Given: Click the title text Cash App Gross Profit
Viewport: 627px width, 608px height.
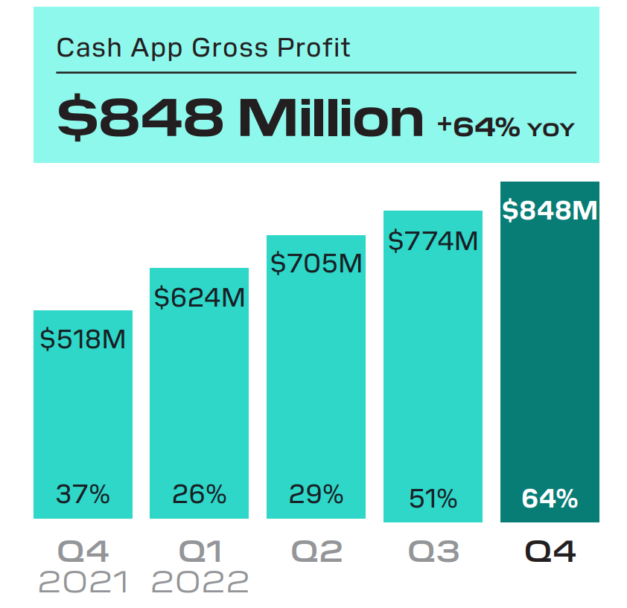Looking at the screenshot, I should coord(203,48).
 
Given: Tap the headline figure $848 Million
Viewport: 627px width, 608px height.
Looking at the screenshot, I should coord(240,118).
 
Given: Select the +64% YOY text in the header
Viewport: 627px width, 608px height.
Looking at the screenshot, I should coord(506,127).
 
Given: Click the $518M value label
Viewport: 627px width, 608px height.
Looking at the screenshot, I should coord(83,339).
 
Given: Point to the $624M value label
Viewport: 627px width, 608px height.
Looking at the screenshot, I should coord(199,297).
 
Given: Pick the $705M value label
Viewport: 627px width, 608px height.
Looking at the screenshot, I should coord(316,263).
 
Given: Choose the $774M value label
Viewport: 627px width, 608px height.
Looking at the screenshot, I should coord(433,240).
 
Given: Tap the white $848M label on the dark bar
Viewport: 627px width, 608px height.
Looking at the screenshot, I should coord(550,211).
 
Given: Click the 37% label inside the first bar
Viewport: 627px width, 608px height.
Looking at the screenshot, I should coord(83,493).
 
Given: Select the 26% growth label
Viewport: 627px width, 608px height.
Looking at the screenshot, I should coord(199,493).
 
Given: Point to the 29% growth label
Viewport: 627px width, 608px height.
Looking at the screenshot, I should coord(316,493).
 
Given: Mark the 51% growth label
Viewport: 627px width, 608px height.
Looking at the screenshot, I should coord(433,498).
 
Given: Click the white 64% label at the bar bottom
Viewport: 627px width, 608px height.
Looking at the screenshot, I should coord(550,498).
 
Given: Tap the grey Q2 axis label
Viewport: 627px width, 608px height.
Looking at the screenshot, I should coord(316,551).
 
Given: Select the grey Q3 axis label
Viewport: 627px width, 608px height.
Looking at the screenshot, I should coord(433,551).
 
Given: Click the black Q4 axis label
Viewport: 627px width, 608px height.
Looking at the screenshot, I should coord(550,551).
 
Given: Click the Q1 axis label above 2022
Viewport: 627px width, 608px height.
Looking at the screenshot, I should coord(200,551).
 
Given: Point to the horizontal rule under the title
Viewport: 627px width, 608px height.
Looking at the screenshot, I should coord(316,72).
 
